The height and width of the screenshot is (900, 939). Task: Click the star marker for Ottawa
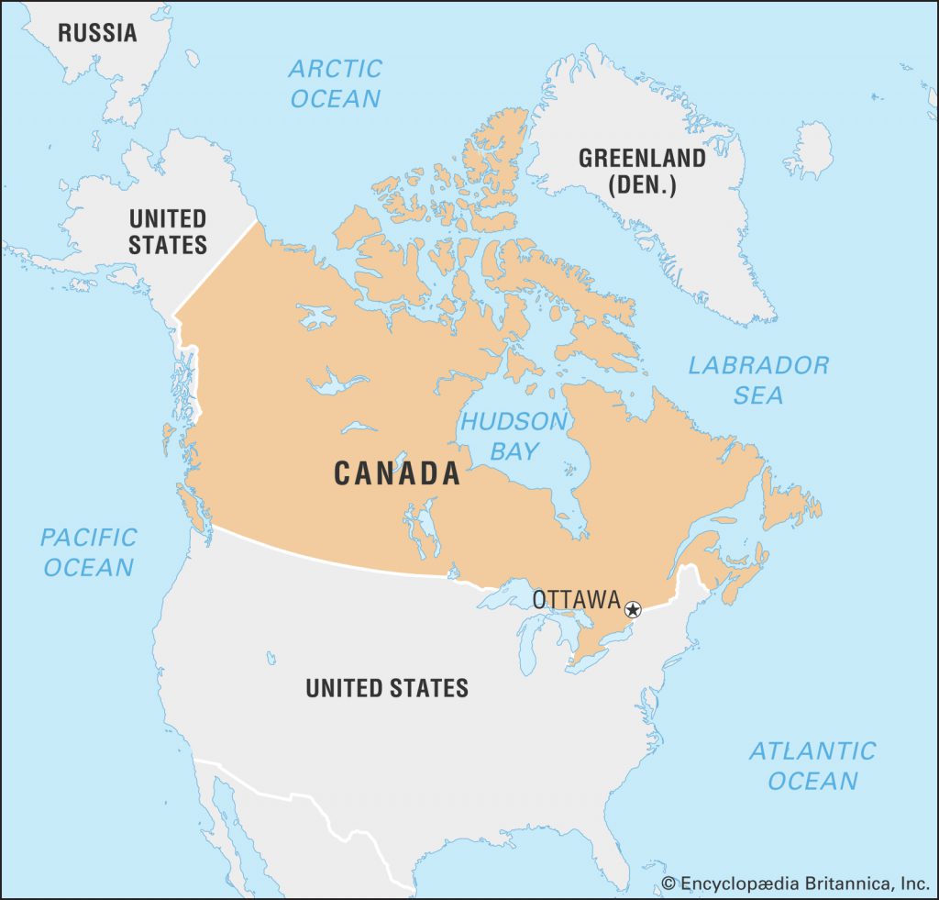pyautogui.click(x=632, y=609)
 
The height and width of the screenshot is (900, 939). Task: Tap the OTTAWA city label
pyautogui.click(x=576, y=599)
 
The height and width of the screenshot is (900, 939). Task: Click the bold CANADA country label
pyautogui.click(x=396, y=473)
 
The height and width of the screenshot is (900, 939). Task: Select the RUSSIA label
pyautogui.click(x=97, y=33)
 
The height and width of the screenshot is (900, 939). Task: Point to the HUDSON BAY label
pyautogui.click(x=514, y=436)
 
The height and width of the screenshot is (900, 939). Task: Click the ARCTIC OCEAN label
pyautogui.click(x=335, y=83)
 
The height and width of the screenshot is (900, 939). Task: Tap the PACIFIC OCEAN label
pyautogui.click(x=89, y=551)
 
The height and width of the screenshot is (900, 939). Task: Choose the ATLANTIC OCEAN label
pyautogui.click(x=812, y=766)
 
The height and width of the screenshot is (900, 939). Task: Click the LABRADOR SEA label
pyautogui.click(x=758, y=380)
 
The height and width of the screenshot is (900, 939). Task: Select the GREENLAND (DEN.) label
pyautogui.click(x=642, y=171)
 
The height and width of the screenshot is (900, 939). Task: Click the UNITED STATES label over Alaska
pyautogui.click(x=168, y=231)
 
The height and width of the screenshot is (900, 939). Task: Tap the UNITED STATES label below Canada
pyautogui.click(x=387, y=687)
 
